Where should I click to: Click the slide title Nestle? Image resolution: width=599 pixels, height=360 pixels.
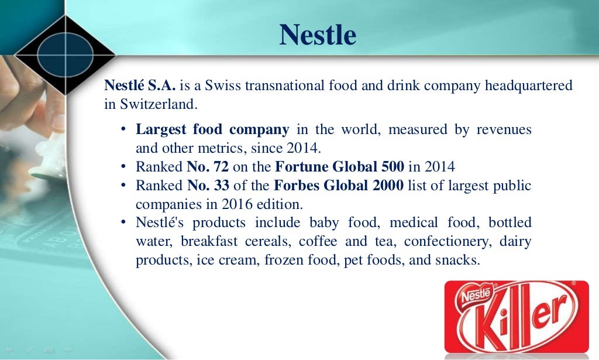tap(318, 35)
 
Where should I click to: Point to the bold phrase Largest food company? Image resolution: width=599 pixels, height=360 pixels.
tap(212, 129)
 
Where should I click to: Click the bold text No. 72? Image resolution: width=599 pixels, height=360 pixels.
tap(207, 167)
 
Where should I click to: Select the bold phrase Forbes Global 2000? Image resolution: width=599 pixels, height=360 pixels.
tap(338, 186)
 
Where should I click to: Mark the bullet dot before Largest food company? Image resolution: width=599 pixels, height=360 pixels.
tap(123, 130)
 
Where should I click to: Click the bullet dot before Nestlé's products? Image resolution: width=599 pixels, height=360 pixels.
tap(123, 223)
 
